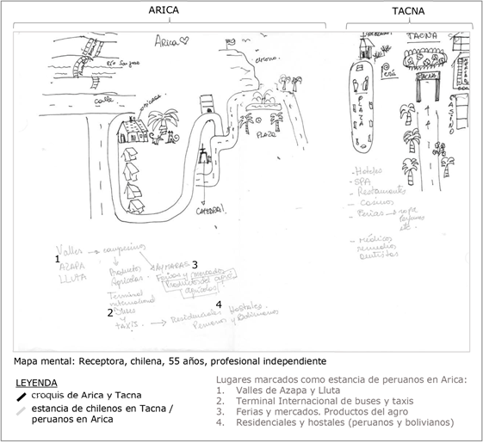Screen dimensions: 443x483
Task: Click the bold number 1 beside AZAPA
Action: pos(57,258)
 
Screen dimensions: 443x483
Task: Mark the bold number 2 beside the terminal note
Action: pos(109,313)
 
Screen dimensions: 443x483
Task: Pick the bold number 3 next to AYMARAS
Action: pos(195,264)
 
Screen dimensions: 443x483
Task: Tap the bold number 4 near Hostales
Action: pos(219,305)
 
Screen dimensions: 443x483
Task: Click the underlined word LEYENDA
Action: pos(36,382)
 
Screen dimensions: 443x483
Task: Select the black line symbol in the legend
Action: pos(22,396)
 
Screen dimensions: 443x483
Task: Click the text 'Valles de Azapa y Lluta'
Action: pos(275,390)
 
